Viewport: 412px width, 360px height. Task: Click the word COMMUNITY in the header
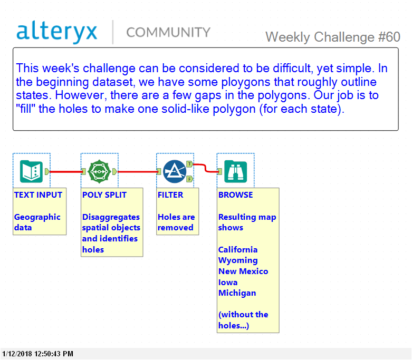click(168, 33)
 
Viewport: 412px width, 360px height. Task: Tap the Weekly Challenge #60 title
click(332, 37)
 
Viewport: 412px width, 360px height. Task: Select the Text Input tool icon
click(31, 171)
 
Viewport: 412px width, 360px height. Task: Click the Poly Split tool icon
click(99, 171)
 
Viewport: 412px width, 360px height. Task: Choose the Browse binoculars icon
click(235, 171)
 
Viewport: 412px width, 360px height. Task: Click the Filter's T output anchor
click(189, 164)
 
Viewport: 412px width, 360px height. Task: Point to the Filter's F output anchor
click(189, 179)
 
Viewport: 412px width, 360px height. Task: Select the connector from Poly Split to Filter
click(137, 171)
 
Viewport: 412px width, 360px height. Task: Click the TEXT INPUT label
click(38, 194)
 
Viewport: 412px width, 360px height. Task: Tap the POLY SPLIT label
click(104, 194)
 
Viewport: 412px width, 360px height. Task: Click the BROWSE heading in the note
click(235, 194)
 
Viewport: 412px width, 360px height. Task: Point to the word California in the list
click(238, 249)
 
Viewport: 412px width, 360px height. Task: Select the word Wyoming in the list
click(238, 260)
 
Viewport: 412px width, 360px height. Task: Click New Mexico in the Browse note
click(243, 271)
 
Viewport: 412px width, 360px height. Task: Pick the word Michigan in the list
click(237, 293)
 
